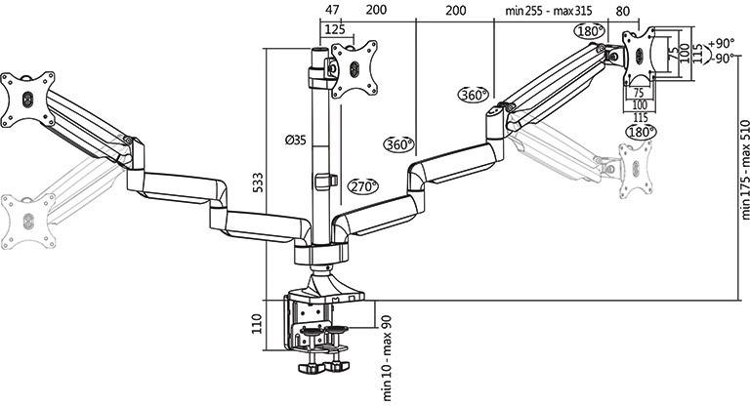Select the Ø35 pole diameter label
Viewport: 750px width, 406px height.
[296, 141]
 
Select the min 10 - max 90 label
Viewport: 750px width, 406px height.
[387, 356]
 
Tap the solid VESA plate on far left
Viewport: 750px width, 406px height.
[27, 99]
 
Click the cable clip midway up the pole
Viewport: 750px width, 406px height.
[324, 182]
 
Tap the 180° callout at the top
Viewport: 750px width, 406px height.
[590, 31]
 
